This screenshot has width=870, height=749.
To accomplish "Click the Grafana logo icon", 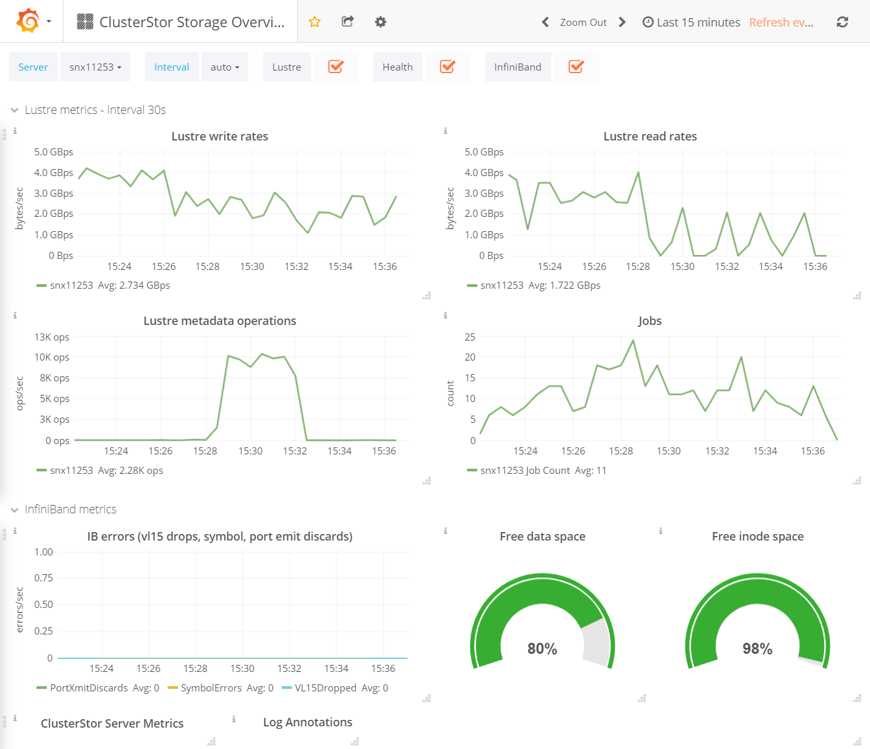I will click(28, 21).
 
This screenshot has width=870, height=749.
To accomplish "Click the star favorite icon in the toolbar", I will click(315, 22).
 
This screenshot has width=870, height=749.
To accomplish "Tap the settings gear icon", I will click(381, 22).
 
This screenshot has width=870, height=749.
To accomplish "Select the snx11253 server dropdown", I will click(95, 67).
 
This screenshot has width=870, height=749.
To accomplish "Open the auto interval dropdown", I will click(225, 67).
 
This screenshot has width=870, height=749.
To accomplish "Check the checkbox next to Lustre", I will click(336, 67).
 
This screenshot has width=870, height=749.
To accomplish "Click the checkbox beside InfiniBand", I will click(575, 67).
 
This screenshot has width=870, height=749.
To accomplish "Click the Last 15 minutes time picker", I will click(691, 22).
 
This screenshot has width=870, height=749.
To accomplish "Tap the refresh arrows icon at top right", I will click(842, 22).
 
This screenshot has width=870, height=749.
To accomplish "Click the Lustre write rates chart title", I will click(220, 137).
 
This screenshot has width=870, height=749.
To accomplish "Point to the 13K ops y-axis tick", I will click(52, 337).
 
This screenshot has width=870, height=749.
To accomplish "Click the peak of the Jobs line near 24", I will click(633, 341).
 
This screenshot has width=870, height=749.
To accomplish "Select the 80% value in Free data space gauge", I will click(542, 649).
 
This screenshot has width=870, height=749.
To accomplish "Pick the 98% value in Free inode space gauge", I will click(757, 649).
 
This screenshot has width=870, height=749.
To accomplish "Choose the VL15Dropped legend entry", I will click(325, 688).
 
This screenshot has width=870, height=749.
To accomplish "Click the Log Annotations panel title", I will click(308, 722).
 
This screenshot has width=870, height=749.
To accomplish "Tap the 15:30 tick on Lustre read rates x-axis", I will click(682, 267).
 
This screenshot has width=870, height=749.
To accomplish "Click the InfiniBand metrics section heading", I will click(71, 509).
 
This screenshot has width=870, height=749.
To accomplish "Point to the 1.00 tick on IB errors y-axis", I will click(43, 552).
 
